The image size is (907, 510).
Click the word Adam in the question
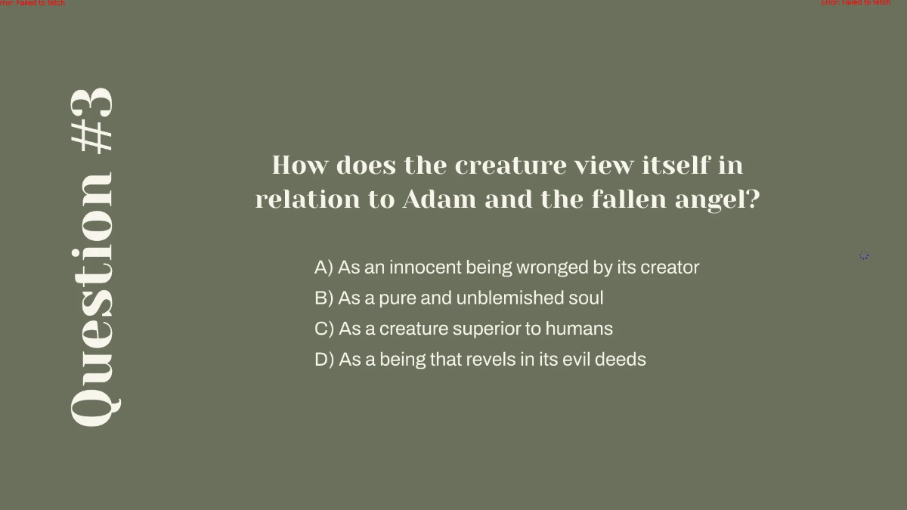click(x=439, y=199)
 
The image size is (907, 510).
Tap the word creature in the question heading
click(x=510, y=165)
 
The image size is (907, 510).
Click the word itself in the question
click(x=676, y=165)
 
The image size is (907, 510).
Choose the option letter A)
click(x=323, y=267)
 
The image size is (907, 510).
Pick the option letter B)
click(x=323, y=298)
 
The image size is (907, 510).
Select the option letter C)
click(x=324, y=329)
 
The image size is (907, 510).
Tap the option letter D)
click(x=324, y=360)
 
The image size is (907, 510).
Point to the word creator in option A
click(x=670, y=267)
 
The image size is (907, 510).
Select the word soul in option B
click(x=587, y=298)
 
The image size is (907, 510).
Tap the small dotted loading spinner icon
click(x=864, y=255)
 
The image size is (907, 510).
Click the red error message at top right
click(x=856, y=3)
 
